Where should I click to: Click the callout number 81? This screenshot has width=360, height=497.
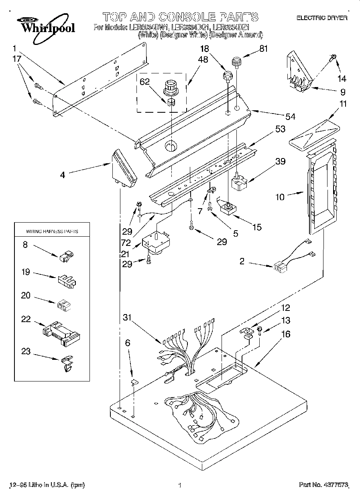pos(263,49)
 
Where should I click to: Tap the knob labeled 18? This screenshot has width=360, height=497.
pos(228,75)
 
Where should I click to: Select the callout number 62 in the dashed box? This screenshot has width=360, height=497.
pos(144,82)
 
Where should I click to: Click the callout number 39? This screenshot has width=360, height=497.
pos(280,161)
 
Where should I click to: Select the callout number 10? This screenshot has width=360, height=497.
pos(280,197)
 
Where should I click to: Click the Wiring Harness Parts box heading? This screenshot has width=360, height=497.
pos(52,231)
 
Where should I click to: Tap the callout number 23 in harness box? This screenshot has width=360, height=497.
pos(25,352)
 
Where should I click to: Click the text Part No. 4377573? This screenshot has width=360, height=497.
pos(323,485)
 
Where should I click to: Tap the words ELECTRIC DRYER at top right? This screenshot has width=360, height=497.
pos(322,18)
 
